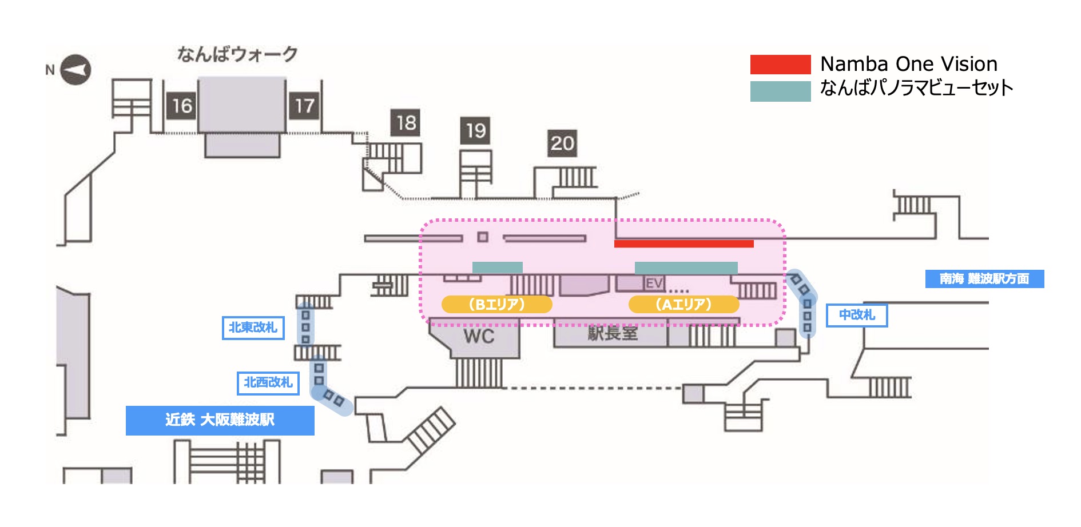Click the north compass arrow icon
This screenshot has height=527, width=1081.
click(x=75, y=70)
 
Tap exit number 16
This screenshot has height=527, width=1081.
click(x=181, y=106)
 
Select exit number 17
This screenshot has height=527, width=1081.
click(x=304, y=106)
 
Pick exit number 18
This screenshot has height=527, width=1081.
click(x=406, y=122)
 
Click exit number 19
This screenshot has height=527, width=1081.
click(x=475, y=131)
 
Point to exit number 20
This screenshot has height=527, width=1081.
click(x=562, y=143)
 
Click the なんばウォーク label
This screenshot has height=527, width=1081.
click(x=237, y=54)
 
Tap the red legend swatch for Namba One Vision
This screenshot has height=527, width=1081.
click(x=780, y=65)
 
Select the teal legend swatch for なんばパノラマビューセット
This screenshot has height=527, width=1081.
click(x=780, y=91)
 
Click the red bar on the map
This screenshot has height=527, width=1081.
click(x=683, y=243)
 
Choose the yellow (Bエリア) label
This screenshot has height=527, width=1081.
click(x=496, y=304)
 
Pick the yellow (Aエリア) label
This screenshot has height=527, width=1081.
click(x=683, y=304)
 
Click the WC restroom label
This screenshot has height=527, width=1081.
click(x=479, y=336)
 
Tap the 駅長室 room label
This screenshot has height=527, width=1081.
click(x=613, y=333)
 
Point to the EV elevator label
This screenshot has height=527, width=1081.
click(x=654, y=283)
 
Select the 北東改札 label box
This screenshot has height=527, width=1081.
click(x=253, y=328)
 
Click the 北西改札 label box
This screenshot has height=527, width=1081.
click(x=268, y=382)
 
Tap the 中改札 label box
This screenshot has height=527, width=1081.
click(x=857, y=315)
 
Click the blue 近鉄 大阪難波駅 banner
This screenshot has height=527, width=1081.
click(x=220, y=420)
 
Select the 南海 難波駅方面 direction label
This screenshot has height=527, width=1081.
click(x=984, y=279)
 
